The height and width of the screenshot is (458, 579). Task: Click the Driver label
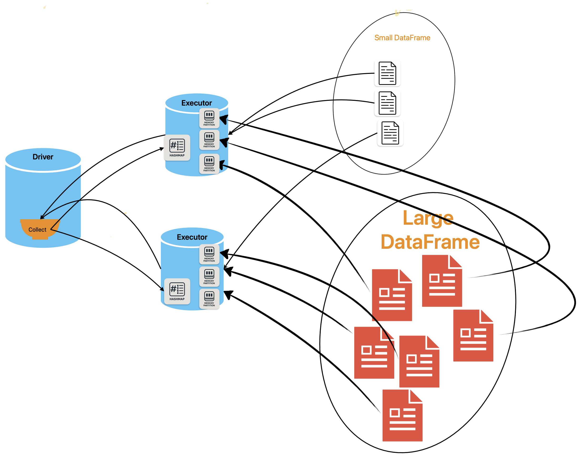43,157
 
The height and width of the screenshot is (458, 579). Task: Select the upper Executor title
196,103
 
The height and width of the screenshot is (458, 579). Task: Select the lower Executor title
192,237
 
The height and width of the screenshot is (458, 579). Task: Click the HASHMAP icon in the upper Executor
177,148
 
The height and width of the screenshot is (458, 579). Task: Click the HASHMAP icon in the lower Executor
177,291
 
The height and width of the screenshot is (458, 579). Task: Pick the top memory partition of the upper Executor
209,118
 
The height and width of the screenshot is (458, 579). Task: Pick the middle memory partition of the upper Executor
209,140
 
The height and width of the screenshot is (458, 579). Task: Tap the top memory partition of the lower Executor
209,254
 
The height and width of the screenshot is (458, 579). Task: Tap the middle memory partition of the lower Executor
209,276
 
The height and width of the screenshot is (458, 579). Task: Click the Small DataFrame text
402,38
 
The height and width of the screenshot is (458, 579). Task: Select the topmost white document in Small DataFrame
387,73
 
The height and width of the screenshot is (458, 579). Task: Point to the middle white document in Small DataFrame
387,103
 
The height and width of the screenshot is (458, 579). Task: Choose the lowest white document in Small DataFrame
390,133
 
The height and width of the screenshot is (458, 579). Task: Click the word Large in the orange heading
428,218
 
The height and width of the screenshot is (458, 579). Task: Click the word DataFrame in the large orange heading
430,242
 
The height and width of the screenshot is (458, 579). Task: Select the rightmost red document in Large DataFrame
473,336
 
